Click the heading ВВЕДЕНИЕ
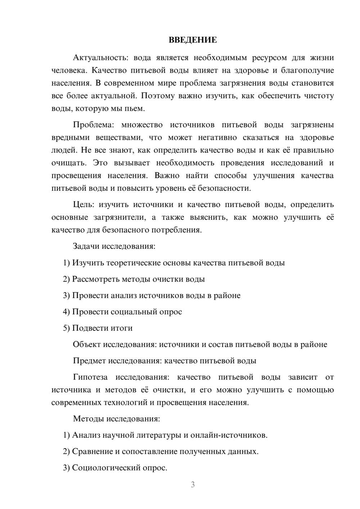193,40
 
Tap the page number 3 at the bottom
193,485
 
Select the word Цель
83,204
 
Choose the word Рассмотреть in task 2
95,279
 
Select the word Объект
87,344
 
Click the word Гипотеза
90,377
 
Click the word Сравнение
93,451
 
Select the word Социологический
107,468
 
